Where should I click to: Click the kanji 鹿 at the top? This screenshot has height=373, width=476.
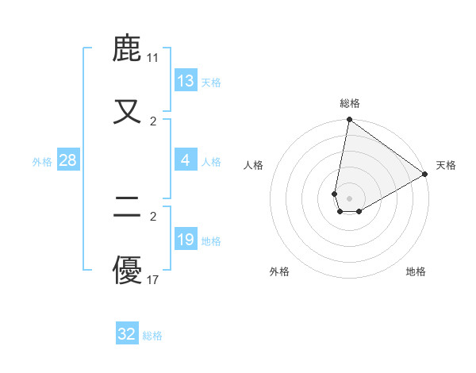pyautogui.click(x=128, y=49)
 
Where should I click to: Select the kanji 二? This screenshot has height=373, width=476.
pyautogui.click(x=128, y=209)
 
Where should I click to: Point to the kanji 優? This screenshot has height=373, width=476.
pyautogui.click(x=128, y=271)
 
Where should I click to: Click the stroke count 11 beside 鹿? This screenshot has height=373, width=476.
pyautogui.click(x=153, y=58)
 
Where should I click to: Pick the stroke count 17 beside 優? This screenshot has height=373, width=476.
pyautogui.click(x=153, y=279)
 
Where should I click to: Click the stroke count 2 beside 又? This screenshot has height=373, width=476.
pyautogui.click(x=153, y=121)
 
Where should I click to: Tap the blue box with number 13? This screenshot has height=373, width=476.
pyautogui.click(x=186, y=81)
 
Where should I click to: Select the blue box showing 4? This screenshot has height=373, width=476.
pyautogui.click(x=186, y=160)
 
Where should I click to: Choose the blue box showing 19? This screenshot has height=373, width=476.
pyautogui.click(x=186, y=240)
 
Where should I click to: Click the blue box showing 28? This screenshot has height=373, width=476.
pyautogui.click(x=68, y=160)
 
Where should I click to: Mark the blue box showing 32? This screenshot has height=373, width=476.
pyautogui.click(x=127, y=334)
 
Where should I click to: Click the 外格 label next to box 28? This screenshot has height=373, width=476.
pyautogui.click(x=42, y=161)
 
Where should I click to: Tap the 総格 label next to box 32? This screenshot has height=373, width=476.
pyautogui.click(x=152, y=336)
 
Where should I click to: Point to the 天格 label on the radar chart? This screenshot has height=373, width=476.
pyautogui.click(x=446, y=165)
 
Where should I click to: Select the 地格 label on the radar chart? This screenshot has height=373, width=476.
pyautogui.click(x=416, y=271)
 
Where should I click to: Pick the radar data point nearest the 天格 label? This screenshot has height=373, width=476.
pyautogui.click(x=425, y=175)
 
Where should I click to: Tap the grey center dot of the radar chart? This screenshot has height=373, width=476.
pyautogui.click(x=350, y=198)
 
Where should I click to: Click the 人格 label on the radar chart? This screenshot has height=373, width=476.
pyautogui.click(x=254, y=165)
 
